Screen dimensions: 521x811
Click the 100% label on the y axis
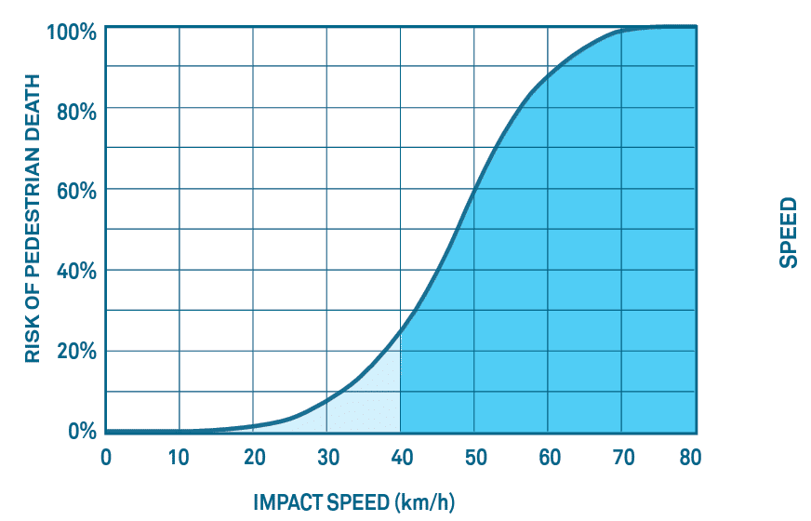click(71, 32)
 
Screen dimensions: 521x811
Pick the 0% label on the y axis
click(80, 432)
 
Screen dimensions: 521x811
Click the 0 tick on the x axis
click(106, 457)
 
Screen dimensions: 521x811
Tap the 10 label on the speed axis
click(179, 457)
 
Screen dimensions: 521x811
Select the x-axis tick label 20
click(253, 457)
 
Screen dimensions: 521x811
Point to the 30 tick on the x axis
click(326, 457)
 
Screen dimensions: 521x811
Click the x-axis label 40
click(400, 457)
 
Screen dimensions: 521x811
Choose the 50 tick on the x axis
click(474, 457)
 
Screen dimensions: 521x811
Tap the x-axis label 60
click(548, 457)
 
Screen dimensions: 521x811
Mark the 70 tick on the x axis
click(621, 457)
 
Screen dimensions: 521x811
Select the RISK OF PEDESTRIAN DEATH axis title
click(33, 231)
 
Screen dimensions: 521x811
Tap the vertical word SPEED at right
click(788, 232)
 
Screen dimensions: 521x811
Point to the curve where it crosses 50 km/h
click(474, 192)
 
